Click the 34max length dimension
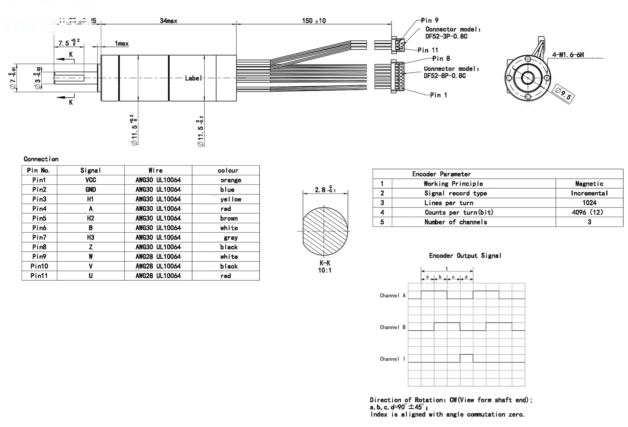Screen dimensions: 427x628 click(x=168, y=21)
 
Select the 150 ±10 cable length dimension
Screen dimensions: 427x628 click(x=314, y=21)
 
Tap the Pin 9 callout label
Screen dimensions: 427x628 click(x=429, y=21)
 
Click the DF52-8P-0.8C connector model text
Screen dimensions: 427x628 click(x=445, y=76)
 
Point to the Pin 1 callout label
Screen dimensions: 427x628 click(x=438, y=95)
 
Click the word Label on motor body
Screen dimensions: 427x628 click(x=193, y=78)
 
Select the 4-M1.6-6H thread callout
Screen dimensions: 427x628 click(x=568, y=55)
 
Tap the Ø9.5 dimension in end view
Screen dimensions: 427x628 click(x=563, y=94)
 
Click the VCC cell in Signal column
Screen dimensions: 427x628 click(x=90, y=180)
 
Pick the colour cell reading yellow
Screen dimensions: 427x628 click(x=231, y=199)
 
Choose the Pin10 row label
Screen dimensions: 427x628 click(x=39, y=266)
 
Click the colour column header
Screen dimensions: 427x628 click(x=228, y=170)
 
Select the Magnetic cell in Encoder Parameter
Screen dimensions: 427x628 click(x=589, y=184)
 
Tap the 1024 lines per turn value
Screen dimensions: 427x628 click(x=589, y=203)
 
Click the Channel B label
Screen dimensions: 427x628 click(x=392, y=327)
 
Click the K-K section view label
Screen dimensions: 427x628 click(x=325, y=263)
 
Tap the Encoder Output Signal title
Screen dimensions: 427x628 click(x=465, y=256)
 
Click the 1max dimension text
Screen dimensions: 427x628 click(x=121, y=44)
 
